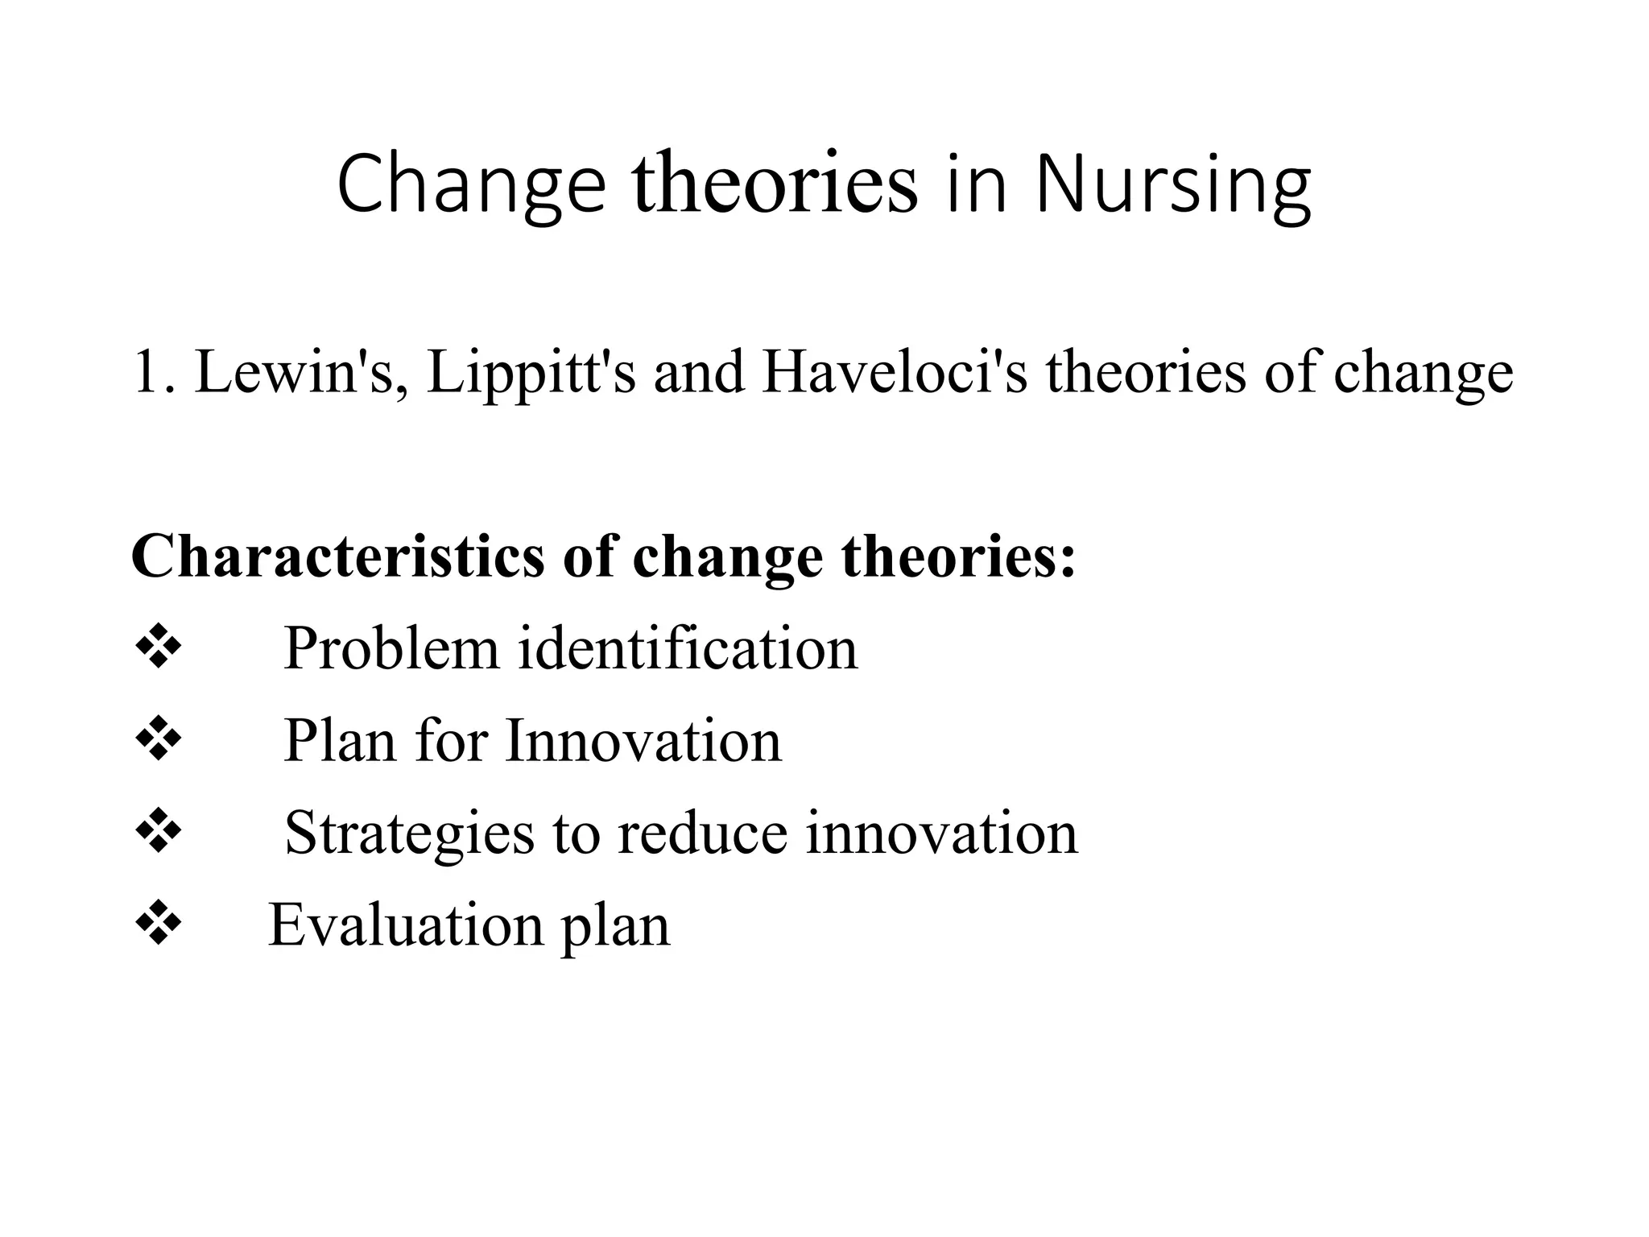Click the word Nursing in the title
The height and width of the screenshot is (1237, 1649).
pyautogui.click(x=1173, y=185)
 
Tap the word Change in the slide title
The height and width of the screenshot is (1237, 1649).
pyautogui.click(x=471, y=185)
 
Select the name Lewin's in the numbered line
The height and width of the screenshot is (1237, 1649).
pyautogui.click(x=300, y=372)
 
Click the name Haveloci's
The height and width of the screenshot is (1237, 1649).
pyautogui.click(x=895, y=372)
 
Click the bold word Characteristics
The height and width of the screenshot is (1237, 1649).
pyautogui.click(x=337, y=556)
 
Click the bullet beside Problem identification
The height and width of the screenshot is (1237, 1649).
pyautogui.click(x=158, y=647)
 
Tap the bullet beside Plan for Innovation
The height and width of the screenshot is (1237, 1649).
pyautogui.click(x=158, y=739)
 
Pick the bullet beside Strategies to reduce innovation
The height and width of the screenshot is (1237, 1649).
pyautogui.click(x=158, y=831)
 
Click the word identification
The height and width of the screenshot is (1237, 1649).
pyautogui.click(x=687, y=648)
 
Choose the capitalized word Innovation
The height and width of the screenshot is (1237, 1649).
pyautogui.click(x=643, y=740)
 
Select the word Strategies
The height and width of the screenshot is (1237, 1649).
pyautogui.click(x=409, y=833)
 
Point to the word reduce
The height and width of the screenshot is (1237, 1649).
pyautogui.click(x=702, y=833)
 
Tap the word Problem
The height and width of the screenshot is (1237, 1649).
pyautogui.click(x=391, y=648)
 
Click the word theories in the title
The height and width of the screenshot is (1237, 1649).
pyautogui.click(x=775, y=185)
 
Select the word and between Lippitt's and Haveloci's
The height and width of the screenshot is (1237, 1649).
pyautogui.click(x=698, y=372)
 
